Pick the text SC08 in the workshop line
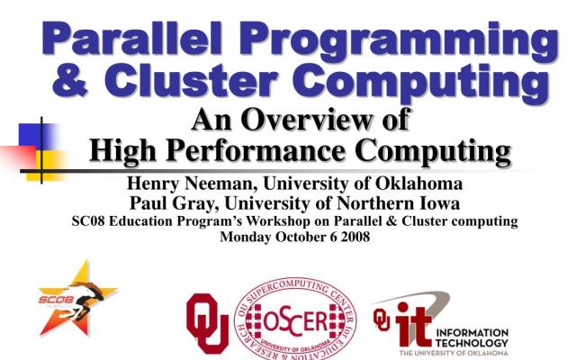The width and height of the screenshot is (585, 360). pos(89,220)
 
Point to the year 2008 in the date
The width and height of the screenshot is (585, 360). pos(347,238)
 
